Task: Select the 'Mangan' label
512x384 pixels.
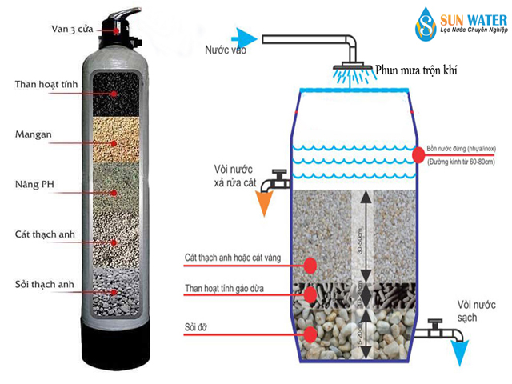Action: pos(34,134)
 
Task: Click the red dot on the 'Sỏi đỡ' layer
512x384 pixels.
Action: pos(309,331)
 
